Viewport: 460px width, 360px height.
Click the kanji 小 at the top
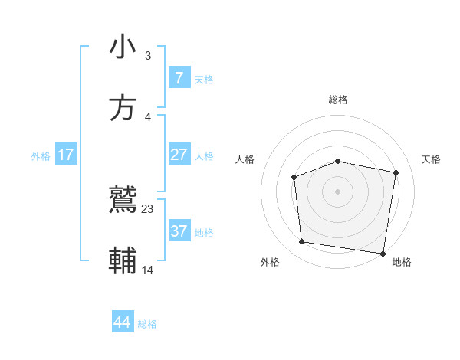pos(123,47)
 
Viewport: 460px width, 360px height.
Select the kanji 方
pos(123,108)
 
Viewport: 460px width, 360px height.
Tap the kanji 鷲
pos(123,201)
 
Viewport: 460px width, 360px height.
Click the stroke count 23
pos(148,208)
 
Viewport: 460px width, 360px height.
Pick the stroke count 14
pos(148,270)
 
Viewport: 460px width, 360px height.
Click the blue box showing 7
pos(179,78)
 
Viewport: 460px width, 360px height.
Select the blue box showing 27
pos(179,155)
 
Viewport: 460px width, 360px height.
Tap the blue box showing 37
pos(179,231)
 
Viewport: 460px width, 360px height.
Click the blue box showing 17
pos(66,155)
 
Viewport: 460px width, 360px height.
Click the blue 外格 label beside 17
pos(41,156)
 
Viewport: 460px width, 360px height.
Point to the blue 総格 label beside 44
pos(148,324)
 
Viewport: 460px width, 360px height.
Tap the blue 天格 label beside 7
pos(204,80)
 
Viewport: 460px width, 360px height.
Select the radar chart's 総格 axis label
pos(338,100)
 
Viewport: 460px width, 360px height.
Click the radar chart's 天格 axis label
pos(432,159)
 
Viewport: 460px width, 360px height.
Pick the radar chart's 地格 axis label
pos(402,262)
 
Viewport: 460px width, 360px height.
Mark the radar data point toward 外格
pos(302,242)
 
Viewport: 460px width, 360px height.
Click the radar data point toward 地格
pos(383,253)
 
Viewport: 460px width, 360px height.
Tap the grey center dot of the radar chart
pos(337,191)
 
